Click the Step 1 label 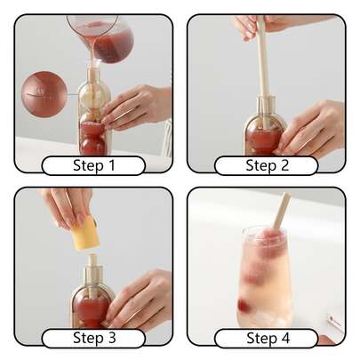point(93,165)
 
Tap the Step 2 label point(267,165)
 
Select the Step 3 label point(93,338)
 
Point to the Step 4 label point(267,338)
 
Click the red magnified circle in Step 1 point(44,94)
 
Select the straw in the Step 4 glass point(281,214)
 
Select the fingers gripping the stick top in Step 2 point(252,27)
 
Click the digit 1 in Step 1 point(111,165)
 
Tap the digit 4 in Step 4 point(285,338)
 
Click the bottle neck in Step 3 point(93,271)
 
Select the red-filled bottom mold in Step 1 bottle point(92,139)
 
